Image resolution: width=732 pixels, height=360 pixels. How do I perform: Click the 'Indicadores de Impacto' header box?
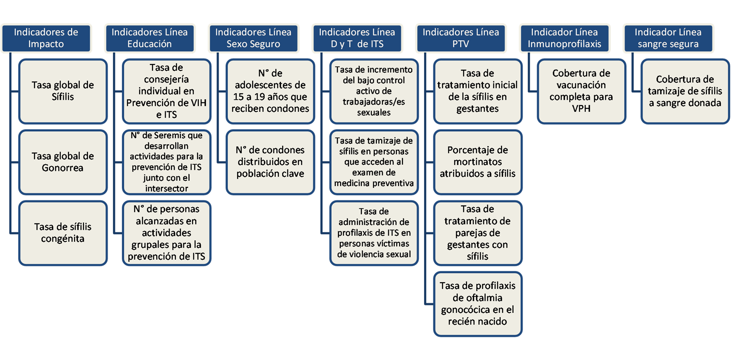(46, 38)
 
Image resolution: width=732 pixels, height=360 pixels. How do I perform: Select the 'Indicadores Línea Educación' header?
(150, 38)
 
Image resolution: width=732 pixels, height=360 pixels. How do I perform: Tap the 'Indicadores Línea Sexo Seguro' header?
(253, 38)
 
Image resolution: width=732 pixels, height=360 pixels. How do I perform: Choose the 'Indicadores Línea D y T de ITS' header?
(357, 38)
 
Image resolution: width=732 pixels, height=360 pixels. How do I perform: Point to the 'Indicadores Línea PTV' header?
(461, 38)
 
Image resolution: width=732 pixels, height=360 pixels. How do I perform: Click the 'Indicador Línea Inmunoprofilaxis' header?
(565, 38)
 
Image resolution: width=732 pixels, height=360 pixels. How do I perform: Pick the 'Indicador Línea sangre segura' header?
(668, 38)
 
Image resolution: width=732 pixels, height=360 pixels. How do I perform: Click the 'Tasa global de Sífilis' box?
(63, 91)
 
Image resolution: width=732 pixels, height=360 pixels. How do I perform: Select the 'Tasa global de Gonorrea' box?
(63, 162)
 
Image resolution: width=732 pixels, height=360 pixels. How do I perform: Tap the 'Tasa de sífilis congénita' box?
(63, 233)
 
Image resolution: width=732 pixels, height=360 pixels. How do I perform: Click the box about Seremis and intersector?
(167, 162)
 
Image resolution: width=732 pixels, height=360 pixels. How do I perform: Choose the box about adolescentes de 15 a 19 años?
(270, 91)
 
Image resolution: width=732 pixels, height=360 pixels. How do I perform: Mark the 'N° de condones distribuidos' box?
(270, 162)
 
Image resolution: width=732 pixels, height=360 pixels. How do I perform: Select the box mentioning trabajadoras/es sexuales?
(374, 91)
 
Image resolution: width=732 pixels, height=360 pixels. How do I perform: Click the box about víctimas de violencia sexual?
(374, 233)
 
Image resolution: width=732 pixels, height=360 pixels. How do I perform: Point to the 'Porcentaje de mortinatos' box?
(478, 162)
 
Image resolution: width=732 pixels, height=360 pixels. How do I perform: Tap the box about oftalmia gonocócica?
(478, 304)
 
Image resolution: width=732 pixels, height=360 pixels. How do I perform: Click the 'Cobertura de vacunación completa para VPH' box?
(581, 91)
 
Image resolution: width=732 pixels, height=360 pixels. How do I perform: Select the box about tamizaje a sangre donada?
(685, 91)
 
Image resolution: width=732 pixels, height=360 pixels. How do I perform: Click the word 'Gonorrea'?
(62, 168)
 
